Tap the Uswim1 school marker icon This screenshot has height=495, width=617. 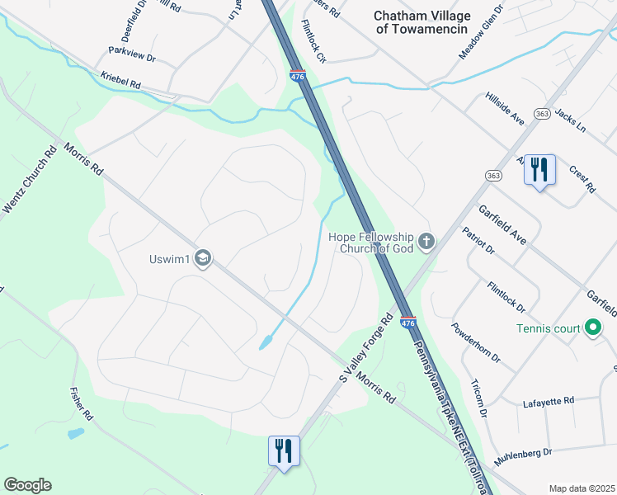(203, 259)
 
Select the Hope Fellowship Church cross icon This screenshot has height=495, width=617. (426, 242)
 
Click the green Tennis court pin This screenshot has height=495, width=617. (592, 328)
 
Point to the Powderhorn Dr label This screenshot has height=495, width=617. (476, 342)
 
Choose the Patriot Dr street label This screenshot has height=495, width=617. (478, 240)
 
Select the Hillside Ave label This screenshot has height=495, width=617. (505, 108)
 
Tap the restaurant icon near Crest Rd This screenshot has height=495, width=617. (539, 170)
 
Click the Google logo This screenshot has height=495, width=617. (27, 485)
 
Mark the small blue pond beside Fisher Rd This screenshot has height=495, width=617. (74, 433)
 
